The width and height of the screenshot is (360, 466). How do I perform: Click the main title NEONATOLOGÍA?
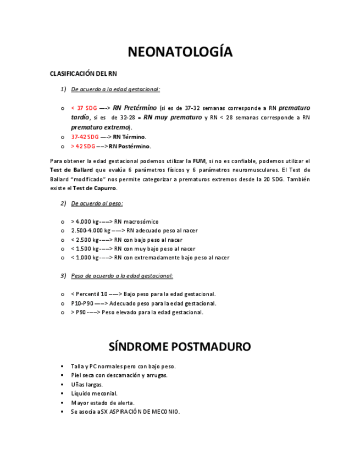pos(180,52)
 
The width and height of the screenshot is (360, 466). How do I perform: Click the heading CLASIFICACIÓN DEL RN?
pos(83,74)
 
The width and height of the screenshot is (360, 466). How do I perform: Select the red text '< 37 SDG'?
pos(84,108)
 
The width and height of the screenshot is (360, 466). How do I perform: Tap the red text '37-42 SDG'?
pos(85,137)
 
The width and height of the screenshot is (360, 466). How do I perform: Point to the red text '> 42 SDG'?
pos(84,146)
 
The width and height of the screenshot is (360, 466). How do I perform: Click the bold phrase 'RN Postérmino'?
pos(130,146)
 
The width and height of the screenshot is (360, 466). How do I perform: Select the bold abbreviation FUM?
pos(199,161)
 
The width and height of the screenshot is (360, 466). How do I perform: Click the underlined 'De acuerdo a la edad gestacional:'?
pos(115,89)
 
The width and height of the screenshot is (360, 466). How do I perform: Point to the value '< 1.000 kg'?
pos(85,258)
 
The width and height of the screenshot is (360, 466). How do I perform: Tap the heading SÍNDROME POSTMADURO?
pos(180,347)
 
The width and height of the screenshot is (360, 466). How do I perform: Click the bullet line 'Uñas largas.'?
pos(87,385)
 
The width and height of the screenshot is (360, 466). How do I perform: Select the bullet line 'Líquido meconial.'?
pos(94,393)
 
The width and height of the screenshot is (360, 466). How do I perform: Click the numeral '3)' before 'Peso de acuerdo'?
pos(63,275)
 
